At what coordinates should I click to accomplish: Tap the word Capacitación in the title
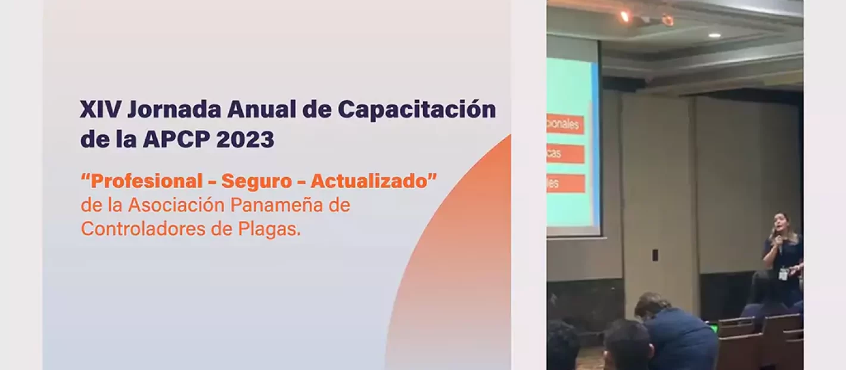(x=416, y=110)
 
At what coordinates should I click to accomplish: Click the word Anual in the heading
(x=262, y=110)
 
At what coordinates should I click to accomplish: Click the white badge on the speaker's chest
(x=783, y=274)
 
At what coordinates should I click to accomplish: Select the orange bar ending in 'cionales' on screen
(x=565, y=125)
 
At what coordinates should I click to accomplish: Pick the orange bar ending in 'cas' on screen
(x=565, y=154)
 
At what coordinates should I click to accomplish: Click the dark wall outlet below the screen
(x=655, y=255)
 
